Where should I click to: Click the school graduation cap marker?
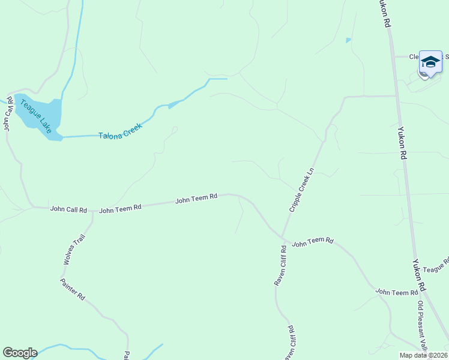coord(430,62)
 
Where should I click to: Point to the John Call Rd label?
coord(68,209)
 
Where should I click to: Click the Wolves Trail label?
coord(75,251)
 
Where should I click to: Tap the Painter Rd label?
coord(73,289)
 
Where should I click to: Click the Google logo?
coord(20,353)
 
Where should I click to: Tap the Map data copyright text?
coord(423,355)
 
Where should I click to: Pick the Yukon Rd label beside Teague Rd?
coord(418,275)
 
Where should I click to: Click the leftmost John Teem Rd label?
coord(120,208)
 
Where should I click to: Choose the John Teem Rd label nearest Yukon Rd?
coord(396,292)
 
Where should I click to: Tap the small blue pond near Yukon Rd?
coord(348,41)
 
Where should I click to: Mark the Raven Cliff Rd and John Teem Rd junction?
coord(282,238)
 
